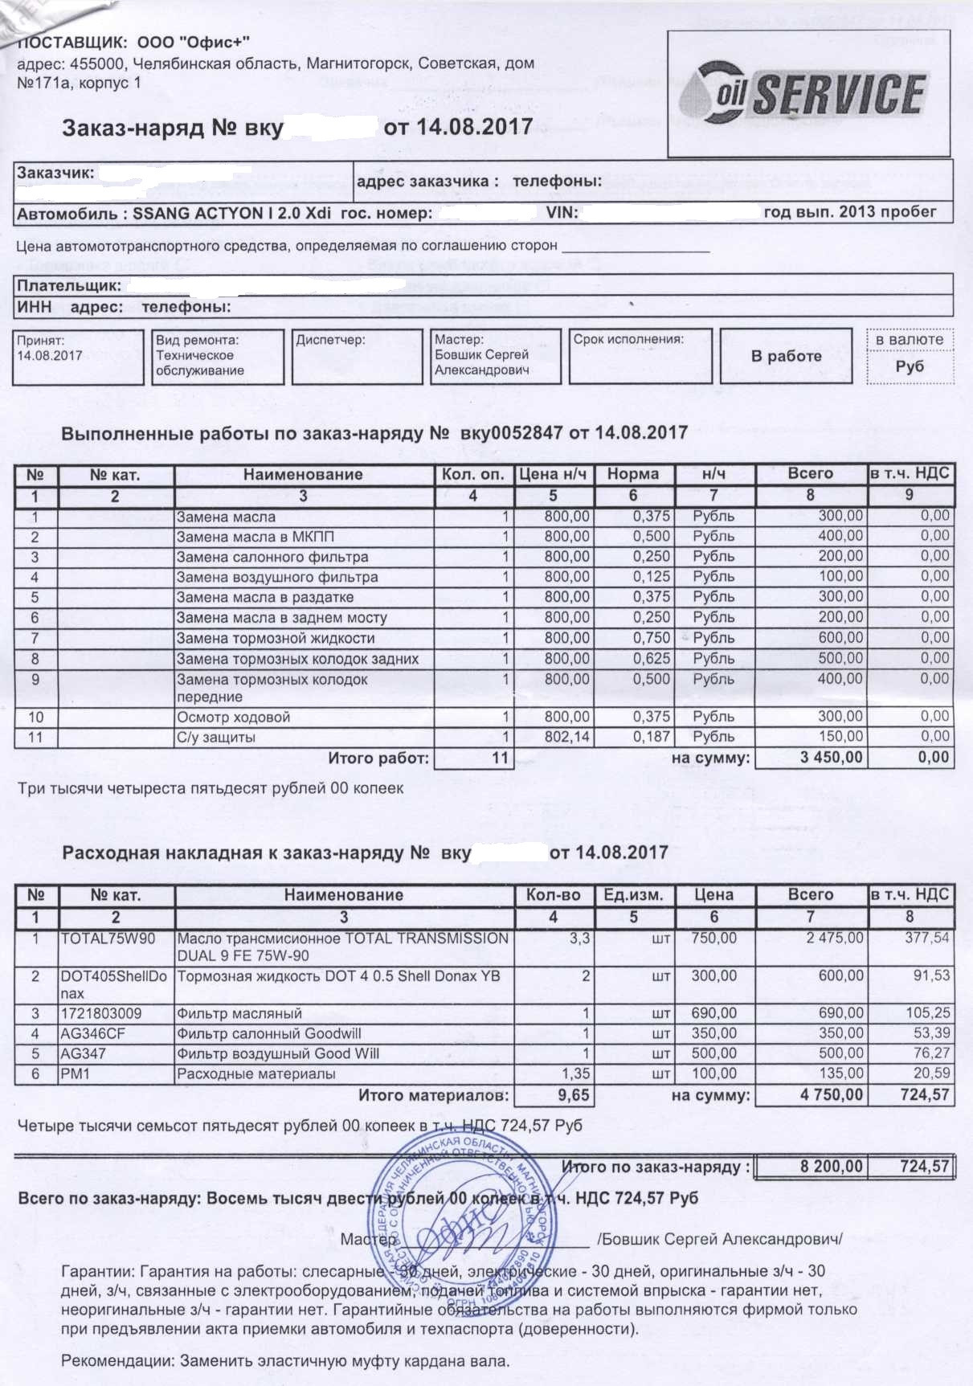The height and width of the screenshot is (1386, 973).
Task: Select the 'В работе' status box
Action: [x=786, y=356]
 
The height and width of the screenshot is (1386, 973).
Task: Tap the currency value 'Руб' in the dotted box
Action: [x=910, y=366]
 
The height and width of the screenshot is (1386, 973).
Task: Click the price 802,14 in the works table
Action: [x=566, y=737]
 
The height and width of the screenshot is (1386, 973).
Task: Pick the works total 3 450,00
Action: [x=832, y=757]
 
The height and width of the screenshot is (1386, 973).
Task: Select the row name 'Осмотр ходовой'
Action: [x=233, y=717]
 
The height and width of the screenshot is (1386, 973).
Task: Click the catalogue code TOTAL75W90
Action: [x=108, y=938]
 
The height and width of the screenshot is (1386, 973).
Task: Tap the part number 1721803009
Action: [x=101, y=1013]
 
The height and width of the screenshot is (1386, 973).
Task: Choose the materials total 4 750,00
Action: [x=832, y=1094]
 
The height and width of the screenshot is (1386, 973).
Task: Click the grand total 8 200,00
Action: [x=832, y=1167]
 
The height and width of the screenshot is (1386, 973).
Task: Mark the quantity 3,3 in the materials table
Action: [x=579, y=938]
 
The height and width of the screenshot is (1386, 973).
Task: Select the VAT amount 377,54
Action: [x=927, y=938]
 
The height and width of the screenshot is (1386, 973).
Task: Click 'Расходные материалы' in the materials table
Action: [x=256, y=1073]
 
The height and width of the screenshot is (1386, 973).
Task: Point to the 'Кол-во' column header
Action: [x=553, y=895]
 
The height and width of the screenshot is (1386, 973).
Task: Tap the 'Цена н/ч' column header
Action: [x=553, y=474]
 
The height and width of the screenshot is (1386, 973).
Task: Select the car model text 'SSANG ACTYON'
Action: [x=198, y=213]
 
